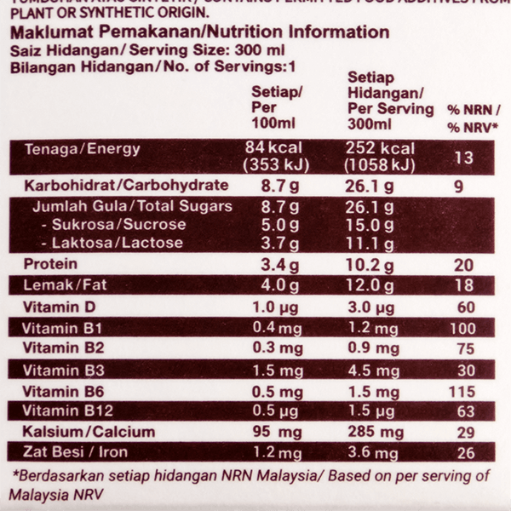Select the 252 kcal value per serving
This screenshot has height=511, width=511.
(x=380, y=149)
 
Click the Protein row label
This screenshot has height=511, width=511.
(x=50, y=264)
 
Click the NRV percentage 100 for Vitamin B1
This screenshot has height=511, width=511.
(x=463, y=329)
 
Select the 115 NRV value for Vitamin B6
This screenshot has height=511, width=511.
(x=463, y=391)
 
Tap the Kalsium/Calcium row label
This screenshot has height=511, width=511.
(x=89, y=432)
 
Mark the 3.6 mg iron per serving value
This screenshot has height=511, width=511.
(x=375, y=453)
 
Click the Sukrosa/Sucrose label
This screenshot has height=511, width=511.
(x=112, y=225)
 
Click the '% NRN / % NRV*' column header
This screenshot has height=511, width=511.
(x=473, y=118)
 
